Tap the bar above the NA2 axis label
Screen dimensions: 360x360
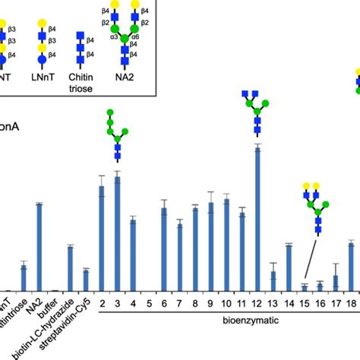click(x=39, y=247)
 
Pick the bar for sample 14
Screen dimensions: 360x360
click(x=289, y=267)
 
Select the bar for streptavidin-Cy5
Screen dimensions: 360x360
click(x=86, y=279)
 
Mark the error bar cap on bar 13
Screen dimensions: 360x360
click(x=273, y=262)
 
